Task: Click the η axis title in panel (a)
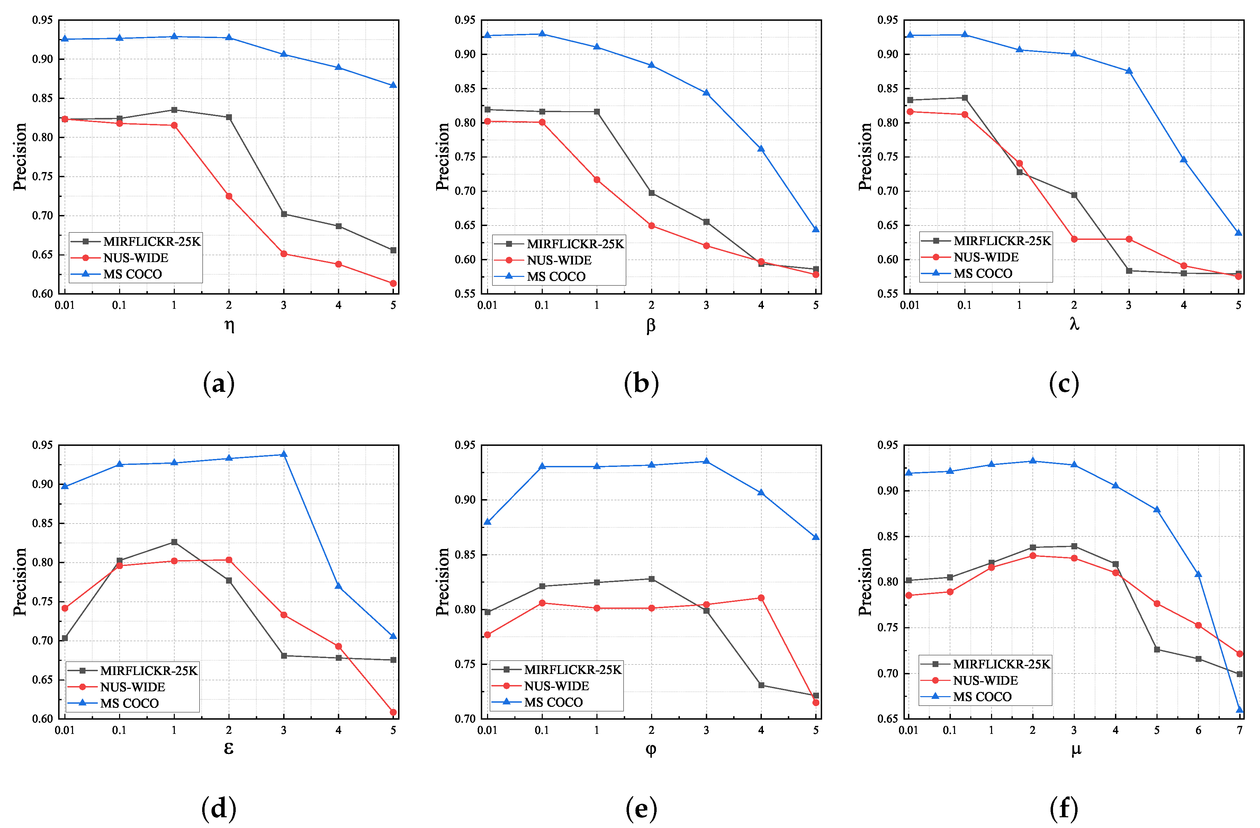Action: (x=229, y=325)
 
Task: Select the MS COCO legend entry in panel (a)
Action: (x=132, y=274)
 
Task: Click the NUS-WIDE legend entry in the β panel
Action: (x=559, y=260)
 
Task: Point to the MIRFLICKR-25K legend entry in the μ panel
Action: (x=1001, y=664)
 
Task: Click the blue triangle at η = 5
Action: (x=393, y=85)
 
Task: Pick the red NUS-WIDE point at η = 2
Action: (x=229, y=196)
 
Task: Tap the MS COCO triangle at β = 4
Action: (x=761, y=149)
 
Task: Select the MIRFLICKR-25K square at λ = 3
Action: (x=1129, y=271)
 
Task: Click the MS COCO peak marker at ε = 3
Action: (x=284, y=454)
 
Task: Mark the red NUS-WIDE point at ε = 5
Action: (x=393, y=712)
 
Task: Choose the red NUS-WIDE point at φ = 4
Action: (x=761, y=598)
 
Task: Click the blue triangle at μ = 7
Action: (x=1239, y=709)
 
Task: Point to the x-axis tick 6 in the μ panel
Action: (x=1198, y=730)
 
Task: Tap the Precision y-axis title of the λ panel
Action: (x=865, y=157)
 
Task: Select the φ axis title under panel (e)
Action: (x=651, y=749)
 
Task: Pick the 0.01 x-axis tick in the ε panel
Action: (x=65, y=730)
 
